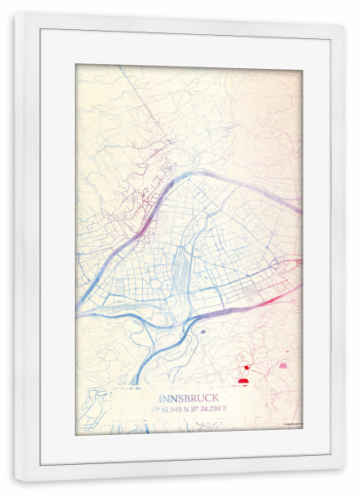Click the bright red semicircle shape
[x=244, y=381]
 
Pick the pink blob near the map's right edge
[x=283, y=365]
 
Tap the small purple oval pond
[x=202, y=330]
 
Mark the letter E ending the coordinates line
[x=224, y=409]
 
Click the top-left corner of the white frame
[x=15, y=13]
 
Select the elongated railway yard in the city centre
[x=178, y=271]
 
